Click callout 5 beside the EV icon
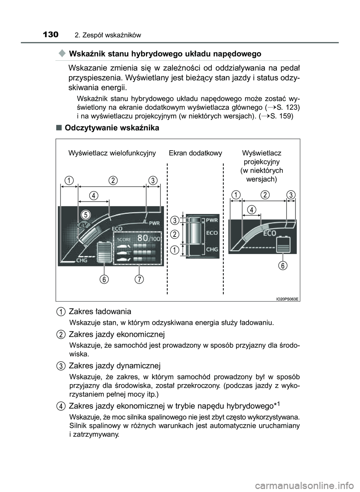click(86, 215)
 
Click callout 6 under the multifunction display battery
click(105, 279)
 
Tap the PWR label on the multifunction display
click(154, 223)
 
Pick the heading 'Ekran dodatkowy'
click(195, 153)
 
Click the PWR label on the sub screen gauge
click(212, 220)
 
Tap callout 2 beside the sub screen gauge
click(174, 234)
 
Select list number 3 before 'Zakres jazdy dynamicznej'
click(60, 365)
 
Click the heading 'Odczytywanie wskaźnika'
click(112, 128)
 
